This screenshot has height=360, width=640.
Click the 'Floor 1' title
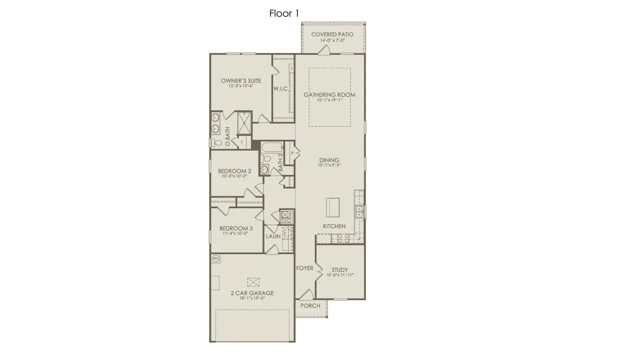tap(284, 13)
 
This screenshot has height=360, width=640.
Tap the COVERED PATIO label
tap(332, 34)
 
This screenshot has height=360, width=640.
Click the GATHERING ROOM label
tap(329, 94)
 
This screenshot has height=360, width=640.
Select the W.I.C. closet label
tap(280, 89)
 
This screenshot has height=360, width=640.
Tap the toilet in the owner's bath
tap(217, 142)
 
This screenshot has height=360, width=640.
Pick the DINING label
tap(329, 160)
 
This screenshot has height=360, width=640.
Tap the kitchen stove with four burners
tap(342, 238)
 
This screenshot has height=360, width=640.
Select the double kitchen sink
tap(358, 212)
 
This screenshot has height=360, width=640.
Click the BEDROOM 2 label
tap(234, 171)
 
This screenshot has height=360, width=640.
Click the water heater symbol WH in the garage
tap(216, 258)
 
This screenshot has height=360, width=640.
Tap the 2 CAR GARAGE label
tap(252, 293)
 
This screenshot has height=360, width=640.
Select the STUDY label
tap(339, 270)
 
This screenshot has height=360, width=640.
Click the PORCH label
tap(310, 305)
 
